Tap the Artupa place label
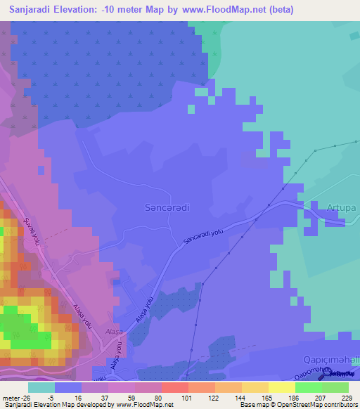tap(342, 207)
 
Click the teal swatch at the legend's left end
tap(41, 387)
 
